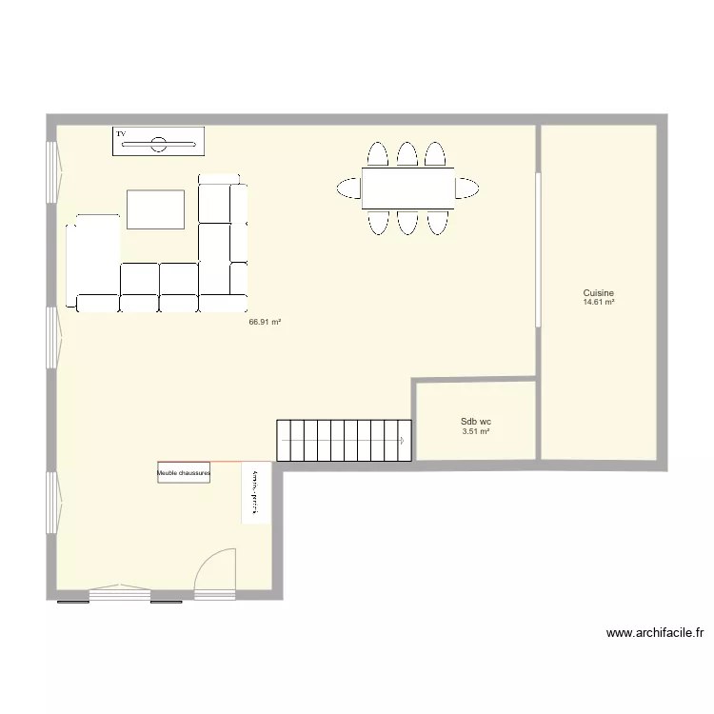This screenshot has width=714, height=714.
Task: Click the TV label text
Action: coord(121,134)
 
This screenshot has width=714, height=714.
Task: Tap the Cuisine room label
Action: coord(599,293)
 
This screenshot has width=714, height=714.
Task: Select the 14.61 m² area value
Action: coord(599,303)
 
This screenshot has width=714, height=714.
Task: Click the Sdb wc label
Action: coord(475,421)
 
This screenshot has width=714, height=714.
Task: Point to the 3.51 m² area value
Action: coord(475,431)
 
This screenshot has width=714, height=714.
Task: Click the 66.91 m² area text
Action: coord(265,322)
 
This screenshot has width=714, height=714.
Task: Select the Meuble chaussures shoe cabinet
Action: coord(184,472)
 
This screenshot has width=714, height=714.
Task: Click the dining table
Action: coord(407,188)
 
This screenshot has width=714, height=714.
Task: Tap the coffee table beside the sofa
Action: coord(155,208)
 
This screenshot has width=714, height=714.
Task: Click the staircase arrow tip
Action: coord(404,440)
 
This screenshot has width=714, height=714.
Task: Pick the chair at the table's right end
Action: coord(466,188)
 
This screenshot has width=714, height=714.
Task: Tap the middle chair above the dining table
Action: coord(407,154)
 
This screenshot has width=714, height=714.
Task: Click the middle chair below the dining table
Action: coord(407,222)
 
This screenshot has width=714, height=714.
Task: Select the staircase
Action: coord(344,440)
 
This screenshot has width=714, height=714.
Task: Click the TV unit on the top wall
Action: coord(157,140)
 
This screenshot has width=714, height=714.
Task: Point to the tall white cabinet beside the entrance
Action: coord(256,492)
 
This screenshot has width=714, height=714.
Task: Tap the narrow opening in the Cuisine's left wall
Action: coord(538,249)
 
